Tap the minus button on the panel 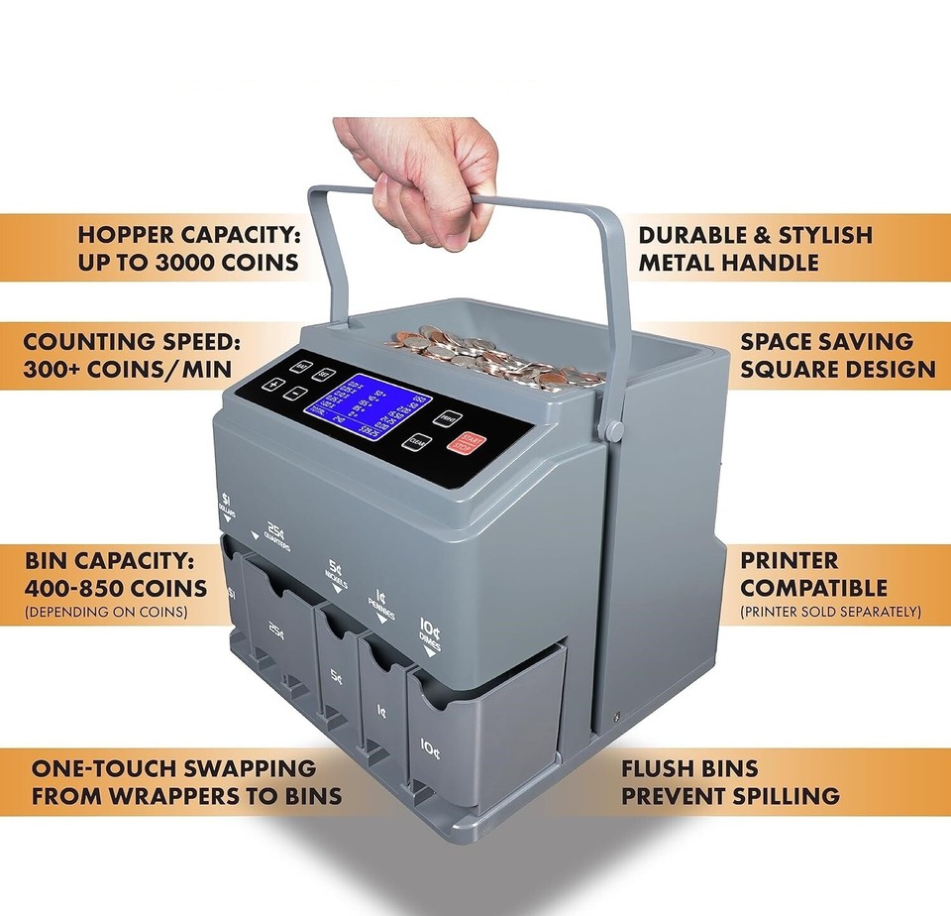(x=294, y=394)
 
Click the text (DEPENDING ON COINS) (x=106, y=613)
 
